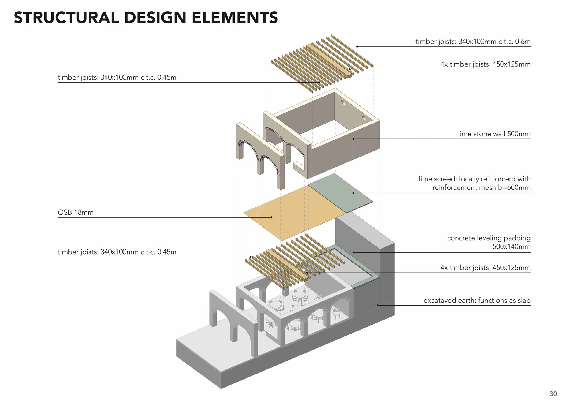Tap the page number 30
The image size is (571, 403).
[x=553, y=394]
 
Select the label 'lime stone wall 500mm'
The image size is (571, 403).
[x=494, y=134]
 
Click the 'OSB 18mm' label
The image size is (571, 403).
[x=76, y=213]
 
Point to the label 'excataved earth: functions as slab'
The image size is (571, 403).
[x=477, y=301]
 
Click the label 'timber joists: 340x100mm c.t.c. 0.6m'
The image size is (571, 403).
[x=473, y=42]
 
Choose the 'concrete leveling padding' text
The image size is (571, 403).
[x=489, y=238]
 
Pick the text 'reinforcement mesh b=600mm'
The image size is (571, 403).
[x=481, y=188]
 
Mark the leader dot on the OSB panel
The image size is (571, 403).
[x=272, y=217]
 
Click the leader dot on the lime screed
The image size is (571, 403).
[x=354, y=193]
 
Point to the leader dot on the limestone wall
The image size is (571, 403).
[x=354, y=139]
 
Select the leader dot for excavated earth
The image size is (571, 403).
[x=377, y=305]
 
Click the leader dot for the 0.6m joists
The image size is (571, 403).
[x=357, y=47]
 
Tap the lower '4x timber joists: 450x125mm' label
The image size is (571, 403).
[x=485, y=268]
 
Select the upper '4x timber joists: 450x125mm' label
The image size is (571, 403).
[x=485, y=64]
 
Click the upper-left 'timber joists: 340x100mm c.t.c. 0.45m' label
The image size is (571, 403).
[x=117, y=78]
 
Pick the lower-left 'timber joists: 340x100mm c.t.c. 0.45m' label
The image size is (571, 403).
[x=117, y=252]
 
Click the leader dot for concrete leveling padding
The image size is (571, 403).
[x=354, y=252]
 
